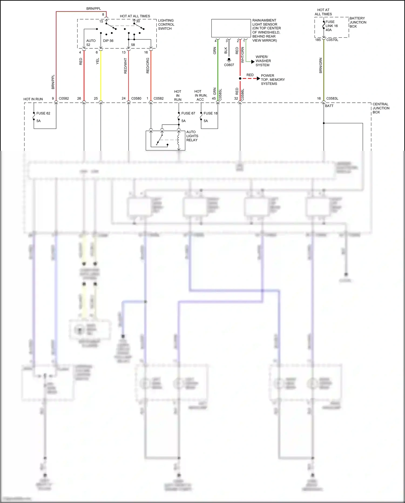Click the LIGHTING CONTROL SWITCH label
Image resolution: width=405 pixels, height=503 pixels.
[x=166, y=25]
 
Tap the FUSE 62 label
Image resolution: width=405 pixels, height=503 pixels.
[x=43, y=113]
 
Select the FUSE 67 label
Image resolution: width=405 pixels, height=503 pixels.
[x=188, y=113]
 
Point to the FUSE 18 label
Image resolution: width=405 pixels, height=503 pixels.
[x=210, y=113]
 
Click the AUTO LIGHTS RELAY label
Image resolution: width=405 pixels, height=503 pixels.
[x=192, y=136]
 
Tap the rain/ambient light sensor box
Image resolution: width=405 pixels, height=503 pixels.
[x=231, y=28]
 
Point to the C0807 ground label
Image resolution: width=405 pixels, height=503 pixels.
[x=229, y=65]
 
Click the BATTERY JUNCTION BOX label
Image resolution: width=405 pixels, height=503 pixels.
[x=358, y=22]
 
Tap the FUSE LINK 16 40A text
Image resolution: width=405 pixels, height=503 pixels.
[x=331, y=26]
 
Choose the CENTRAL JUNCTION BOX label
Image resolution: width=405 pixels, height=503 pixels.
[x=381, y=108]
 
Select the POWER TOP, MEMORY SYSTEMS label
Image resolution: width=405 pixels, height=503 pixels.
[x=272, y=80]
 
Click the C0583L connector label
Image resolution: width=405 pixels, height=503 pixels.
[x=332, y=98]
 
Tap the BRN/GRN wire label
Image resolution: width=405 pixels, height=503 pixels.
[x=321, y=65]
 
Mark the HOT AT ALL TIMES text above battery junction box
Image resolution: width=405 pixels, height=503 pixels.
[x=323, y=12]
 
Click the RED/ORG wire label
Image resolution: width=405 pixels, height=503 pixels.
[x=148, y=65]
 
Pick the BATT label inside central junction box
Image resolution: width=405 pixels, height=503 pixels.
[x=329, y=106]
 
